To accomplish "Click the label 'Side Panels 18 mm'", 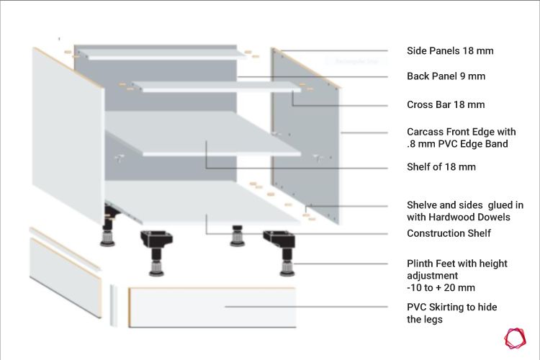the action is coord(450,51).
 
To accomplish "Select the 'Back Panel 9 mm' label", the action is coord(446,76).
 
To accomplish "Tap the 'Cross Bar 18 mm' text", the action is coord(446,104).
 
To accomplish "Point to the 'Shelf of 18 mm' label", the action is coord(441,167).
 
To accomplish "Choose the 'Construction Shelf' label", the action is coord(449,233).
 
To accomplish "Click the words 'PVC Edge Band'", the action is coord(473,144).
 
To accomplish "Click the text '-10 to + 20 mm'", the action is coord(441,288).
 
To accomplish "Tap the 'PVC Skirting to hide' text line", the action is coord(452,307).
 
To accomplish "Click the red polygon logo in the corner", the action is coord(516,338).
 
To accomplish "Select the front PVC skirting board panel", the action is coord(212,307).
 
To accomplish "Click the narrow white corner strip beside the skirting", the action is coord(113,305).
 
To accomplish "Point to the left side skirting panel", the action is coord(66,277).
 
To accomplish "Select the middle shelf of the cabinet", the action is coord(203,134).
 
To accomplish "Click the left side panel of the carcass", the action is coord(68,135).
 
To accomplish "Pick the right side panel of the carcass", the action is coord(305,136).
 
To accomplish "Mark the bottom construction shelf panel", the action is coord(203,202).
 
